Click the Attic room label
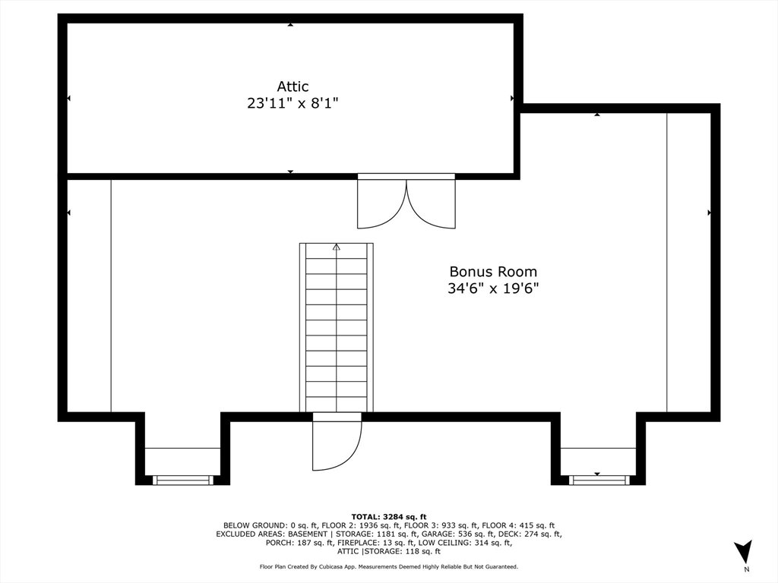click(x=292, y=87)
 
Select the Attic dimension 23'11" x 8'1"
click(x=292, y=103)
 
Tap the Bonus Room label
click(x=492, y=272)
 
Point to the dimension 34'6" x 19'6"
click(x=492, y=288)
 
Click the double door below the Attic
click(x=406, y=202)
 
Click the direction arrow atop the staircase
click(x=337, y=247)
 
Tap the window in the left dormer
click(x=183, y=480)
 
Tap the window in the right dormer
click(x=599, y=480)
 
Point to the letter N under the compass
click(x=746, y=569)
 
